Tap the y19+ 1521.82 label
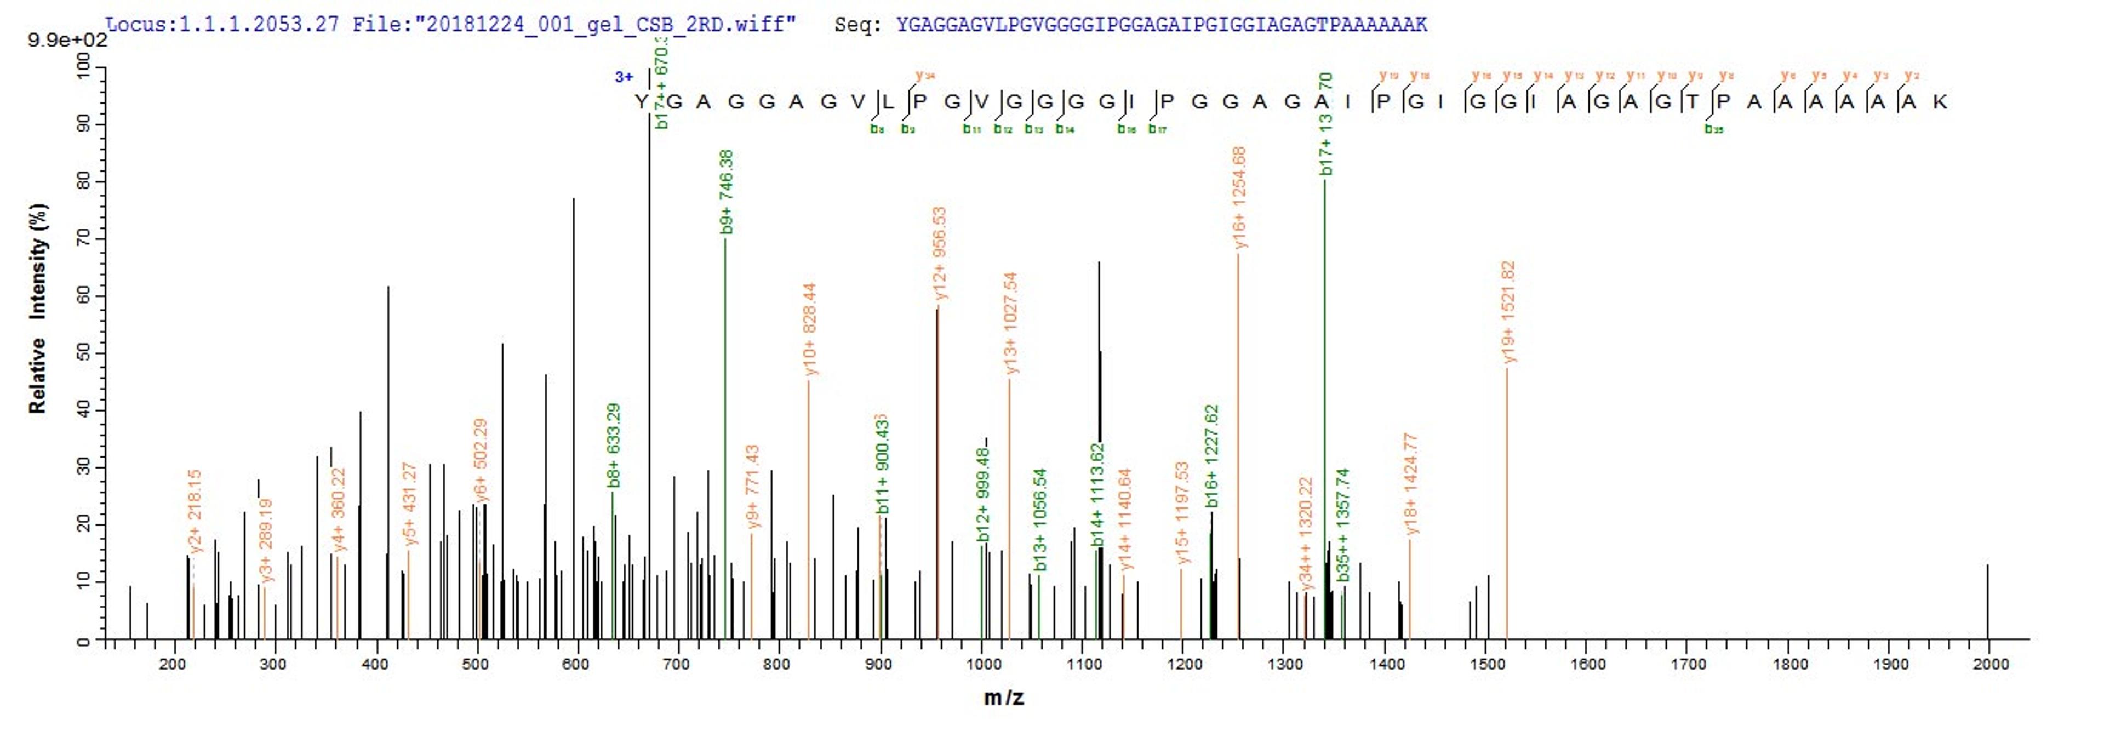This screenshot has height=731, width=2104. (1508, 311)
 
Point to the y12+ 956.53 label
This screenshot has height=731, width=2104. (939, 253)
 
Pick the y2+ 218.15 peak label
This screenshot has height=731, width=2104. (195, 511)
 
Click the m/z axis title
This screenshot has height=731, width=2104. (1004, 698)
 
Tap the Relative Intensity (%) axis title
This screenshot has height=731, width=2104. (38, 308)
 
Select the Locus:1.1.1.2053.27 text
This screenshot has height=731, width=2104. (222, 24)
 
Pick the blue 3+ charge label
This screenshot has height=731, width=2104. (624, 77)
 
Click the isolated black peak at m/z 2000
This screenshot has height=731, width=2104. (1987, 602)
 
